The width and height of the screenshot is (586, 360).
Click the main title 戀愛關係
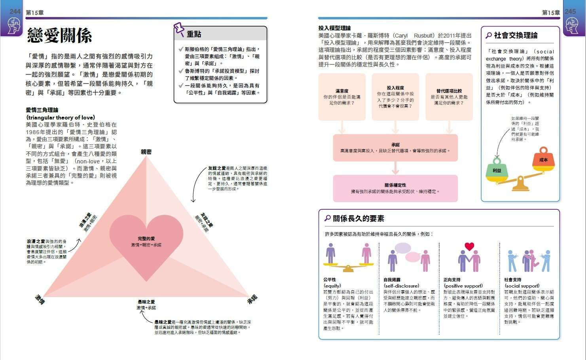coord(59,36)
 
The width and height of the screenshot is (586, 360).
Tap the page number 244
coord(15,11)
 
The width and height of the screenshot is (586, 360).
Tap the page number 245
coord(570,11)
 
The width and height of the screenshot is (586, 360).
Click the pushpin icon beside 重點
coord(179,30)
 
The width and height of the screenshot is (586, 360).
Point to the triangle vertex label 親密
coord(146,152)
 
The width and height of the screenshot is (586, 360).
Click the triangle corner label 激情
coord(40,299)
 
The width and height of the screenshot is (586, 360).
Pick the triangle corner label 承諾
coord(252,299)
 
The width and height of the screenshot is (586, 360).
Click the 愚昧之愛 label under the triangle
coord(146,302)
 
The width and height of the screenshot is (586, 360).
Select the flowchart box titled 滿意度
coord(342,97)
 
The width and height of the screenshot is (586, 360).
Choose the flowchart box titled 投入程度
coord(395,97)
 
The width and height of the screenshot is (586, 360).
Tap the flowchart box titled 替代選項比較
coord(449,97)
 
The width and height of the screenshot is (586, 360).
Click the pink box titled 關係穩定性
coord(395,188)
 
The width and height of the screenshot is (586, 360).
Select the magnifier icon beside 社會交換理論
coord(489,36)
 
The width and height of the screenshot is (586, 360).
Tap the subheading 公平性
coord(330,279)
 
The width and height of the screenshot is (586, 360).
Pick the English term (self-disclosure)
coord(401,286)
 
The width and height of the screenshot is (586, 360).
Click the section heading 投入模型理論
coord(334,28)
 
